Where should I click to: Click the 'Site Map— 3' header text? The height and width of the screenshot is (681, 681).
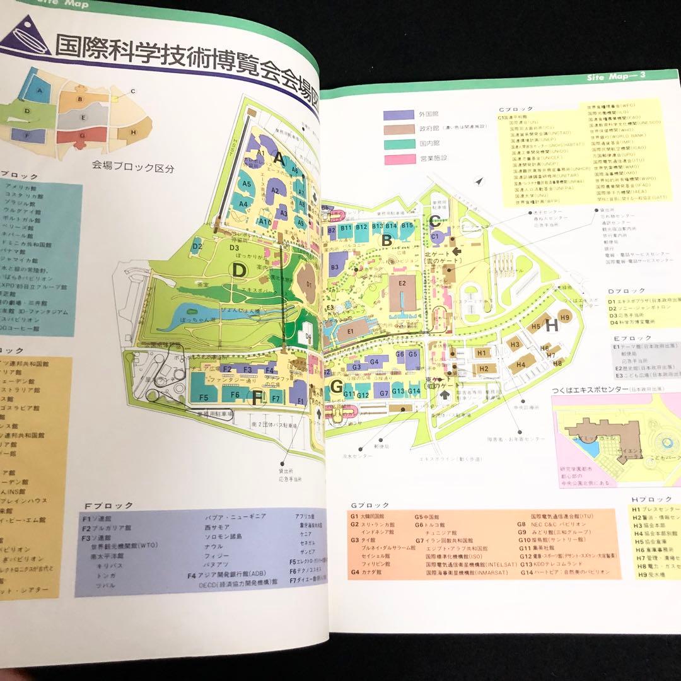[x=614, y=78]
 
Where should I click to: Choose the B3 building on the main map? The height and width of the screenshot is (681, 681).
[x=335, y=267]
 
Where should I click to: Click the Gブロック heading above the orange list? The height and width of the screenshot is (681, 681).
[x=370, y=505]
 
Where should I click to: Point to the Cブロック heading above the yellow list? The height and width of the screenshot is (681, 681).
[x=515, y=108]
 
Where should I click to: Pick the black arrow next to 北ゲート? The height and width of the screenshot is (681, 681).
[x=457, y=251]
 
